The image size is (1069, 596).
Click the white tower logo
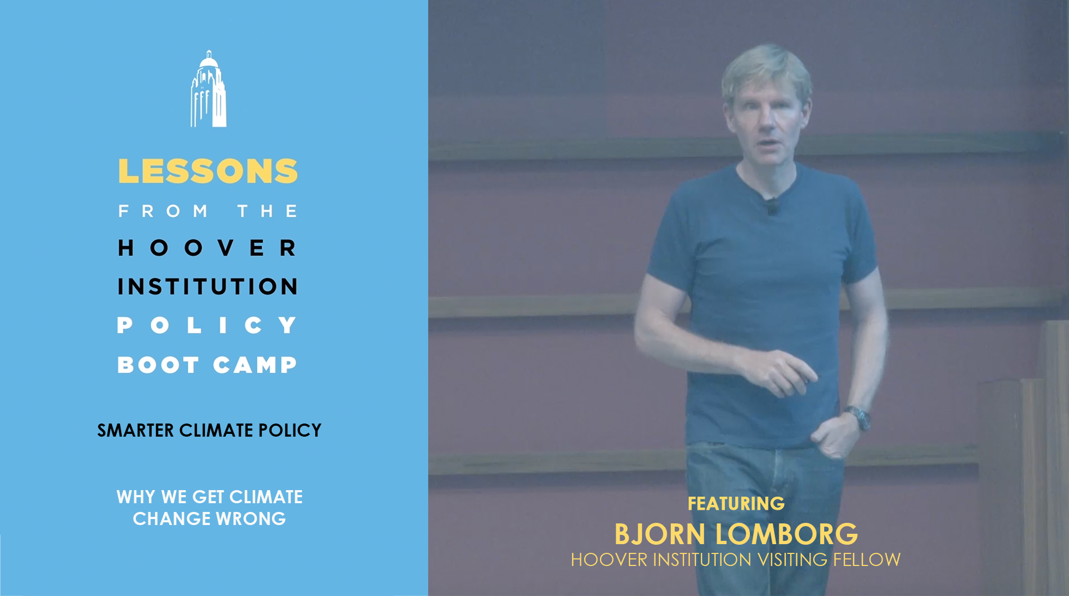click(208, 89)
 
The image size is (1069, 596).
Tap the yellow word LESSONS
click(208, 171)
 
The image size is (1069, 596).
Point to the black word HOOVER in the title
click(208, 248)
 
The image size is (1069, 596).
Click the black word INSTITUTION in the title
click(208, 287)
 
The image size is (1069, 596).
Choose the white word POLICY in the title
click(208, 325)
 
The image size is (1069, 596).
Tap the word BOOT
click(158, 365)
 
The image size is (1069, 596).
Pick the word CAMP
click(255, 365)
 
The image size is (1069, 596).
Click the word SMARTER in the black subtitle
click(135, 431)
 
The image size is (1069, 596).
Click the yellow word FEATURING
click(736, 503)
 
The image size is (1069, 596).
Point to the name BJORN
click(660, 534)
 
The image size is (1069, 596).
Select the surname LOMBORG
click(786, 534)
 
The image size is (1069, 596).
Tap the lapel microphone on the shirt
click(771, 206)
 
